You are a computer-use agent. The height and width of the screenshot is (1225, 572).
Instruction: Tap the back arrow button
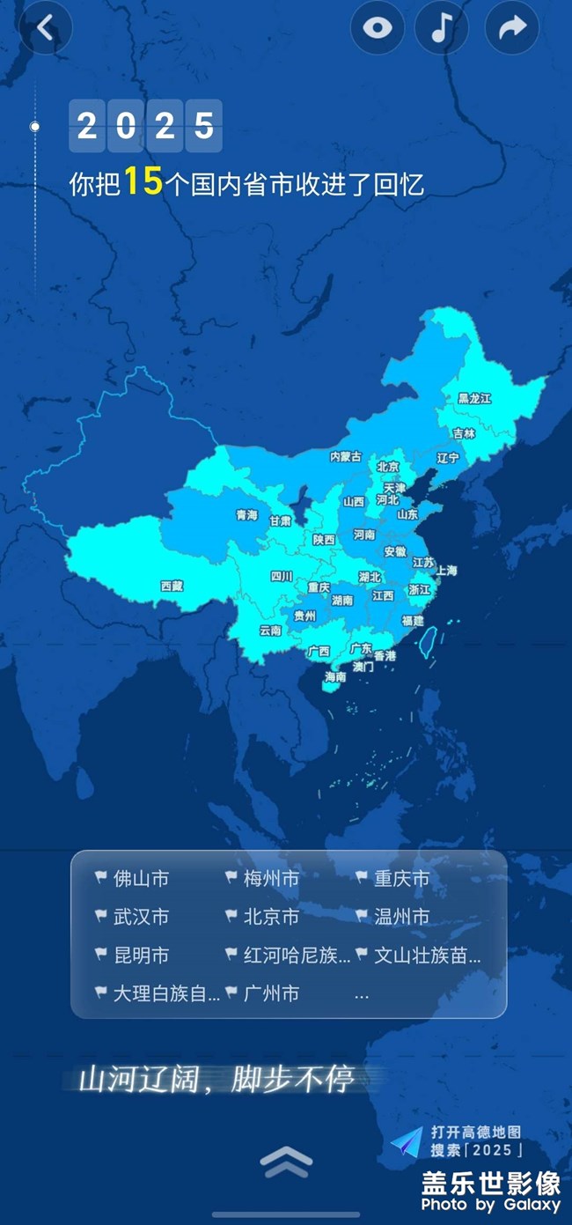46,28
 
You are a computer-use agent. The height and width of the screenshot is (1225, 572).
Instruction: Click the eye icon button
378,28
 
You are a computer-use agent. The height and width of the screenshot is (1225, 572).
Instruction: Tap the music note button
442,28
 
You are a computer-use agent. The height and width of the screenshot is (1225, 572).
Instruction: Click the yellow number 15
143,182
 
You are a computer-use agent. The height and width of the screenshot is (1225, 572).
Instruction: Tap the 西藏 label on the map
172,586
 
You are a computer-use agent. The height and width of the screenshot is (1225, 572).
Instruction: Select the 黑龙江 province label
474,399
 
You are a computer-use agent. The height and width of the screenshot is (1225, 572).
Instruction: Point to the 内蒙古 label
346,457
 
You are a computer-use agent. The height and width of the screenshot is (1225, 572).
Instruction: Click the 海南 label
335,677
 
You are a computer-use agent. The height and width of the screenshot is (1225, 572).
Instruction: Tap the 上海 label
446,571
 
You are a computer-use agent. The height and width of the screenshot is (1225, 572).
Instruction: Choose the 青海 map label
246,515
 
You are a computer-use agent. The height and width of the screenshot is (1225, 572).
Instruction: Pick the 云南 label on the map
270,631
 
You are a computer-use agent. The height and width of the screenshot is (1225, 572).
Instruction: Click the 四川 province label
282,577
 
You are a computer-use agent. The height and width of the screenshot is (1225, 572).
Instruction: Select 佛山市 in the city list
141,879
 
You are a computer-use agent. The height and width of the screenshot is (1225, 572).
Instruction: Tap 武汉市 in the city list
141,917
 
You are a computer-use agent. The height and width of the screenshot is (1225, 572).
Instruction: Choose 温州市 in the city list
401,917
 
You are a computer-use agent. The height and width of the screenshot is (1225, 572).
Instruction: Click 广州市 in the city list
271,993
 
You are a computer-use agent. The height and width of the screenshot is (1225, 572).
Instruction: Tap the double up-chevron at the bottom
286,1162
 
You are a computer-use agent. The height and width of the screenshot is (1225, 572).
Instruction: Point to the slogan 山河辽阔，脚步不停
216,1080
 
